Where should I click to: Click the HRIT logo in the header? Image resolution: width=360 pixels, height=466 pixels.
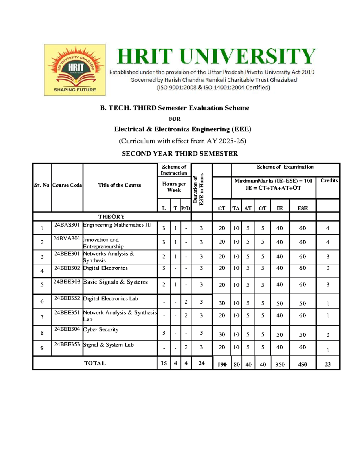click(x=74, y=70)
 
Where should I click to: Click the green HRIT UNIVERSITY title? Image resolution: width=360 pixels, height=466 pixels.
click(x=216, y=56)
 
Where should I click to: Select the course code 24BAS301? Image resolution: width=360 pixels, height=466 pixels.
click(x=67, y=225)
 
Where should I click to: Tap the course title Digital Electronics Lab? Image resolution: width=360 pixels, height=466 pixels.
click(x=110, y=299)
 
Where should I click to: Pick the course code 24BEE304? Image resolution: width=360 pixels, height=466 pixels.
click(x=67, y=329)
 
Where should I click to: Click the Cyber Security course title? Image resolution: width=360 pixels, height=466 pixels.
click(x=101, y=329)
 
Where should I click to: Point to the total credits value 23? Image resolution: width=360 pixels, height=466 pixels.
click(x=328, y=364)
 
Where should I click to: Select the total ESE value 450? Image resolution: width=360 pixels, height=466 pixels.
click(x=302, y=364)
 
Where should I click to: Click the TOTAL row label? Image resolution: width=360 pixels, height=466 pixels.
click(x=95, y=363)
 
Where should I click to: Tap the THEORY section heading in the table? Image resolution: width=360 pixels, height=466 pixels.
click(x=111, y=217)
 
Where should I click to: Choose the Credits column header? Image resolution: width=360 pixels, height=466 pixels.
click(x=329, y=180)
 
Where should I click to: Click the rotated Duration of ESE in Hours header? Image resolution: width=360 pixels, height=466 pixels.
click(x=198, y=189)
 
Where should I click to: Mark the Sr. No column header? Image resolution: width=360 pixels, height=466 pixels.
click(x=42, y=185)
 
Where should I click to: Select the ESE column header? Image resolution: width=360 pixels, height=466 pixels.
click(x=302, y=208)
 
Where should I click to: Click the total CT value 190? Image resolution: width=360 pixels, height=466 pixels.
click(x=222, y=364)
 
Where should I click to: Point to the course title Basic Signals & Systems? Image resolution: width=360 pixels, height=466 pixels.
click(x=115, y=282)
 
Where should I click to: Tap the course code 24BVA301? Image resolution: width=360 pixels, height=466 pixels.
click(x=67, y=239)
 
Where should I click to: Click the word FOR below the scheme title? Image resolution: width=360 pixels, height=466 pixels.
click(x=174, y=119)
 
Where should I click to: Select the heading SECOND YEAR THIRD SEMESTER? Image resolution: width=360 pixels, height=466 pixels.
click(x=180, y=154)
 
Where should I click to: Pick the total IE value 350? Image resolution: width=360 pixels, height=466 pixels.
click(x=280, y=364)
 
